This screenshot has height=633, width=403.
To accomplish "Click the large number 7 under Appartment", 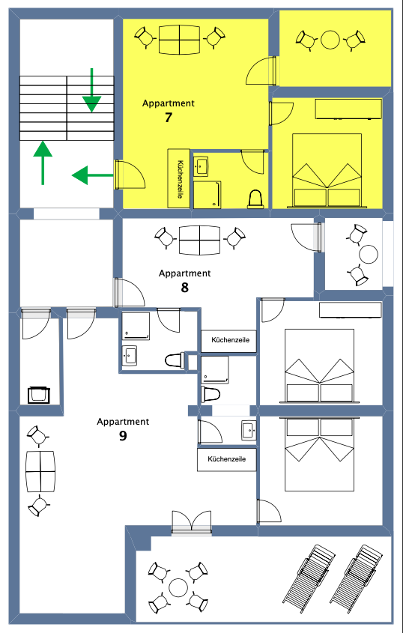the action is click(169, 118).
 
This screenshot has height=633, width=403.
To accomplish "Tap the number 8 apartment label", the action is click(184, 288).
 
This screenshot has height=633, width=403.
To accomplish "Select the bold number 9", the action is click(123, 436).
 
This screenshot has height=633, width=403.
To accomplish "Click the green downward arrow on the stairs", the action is click(91, 91).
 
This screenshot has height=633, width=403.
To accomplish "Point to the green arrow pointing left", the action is click(92, 175).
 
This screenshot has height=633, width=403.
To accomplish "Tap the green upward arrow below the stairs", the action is click(43, 163).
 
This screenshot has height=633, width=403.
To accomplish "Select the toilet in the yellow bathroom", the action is click(255, 199).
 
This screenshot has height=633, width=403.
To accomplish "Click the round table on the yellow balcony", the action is click(330, 40).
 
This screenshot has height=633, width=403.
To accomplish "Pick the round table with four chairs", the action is click(178, 587).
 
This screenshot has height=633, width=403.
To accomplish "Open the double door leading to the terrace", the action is click(192, 522).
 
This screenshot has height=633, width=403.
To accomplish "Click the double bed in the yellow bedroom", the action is click(327, 171).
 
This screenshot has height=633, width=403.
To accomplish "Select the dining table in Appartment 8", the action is click(199, 240).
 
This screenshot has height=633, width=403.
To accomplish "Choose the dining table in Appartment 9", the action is click(40, 471).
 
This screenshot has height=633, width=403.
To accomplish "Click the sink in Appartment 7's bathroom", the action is click(201, 166).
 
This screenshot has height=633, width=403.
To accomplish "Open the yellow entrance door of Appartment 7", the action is click(130, 175).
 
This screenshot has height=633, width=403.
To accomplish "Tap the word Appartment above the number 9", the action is click(123, 422).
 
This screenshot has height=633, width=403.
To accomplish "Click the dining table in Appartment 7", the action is click(179, 40).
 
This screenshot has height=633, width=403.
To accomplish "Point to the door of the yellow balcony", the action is click(261, 71).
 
